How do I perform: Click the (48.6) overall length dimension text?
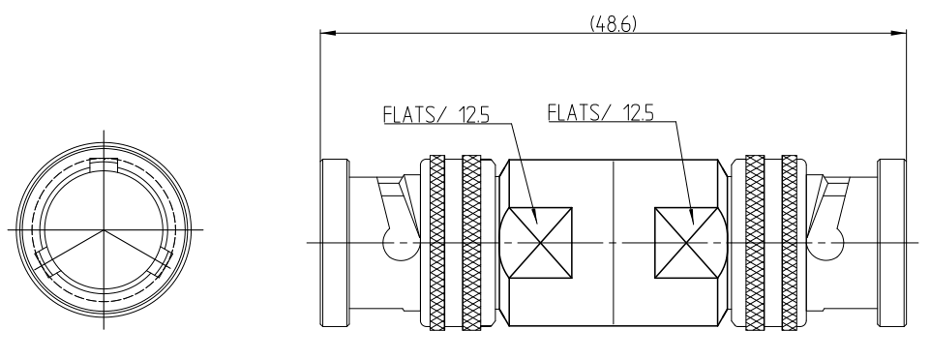[613, 24]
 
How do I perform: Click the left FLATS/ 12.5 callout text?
[436, 114]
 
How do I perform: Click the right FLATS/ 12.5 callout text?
[600, 112]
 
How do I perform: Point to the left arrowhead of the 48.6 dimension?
[328, 33]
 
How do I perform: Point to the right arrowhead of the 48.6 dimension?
[899, 33]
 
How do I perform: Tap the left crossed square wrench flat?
[541, 243]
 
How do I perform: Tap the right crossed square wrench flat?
[685, 243]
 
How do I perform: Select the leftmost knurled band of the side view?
[437, 243]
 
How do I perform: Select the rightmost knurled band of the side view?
[790, 243]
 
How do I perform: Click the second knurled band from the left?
[471, 243]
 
